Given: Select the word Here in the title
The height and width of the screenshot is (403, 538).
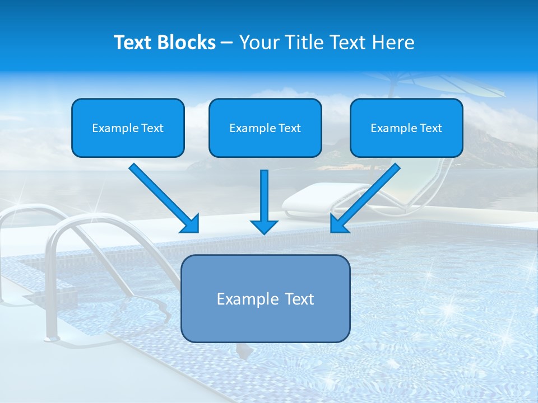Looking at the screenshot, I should (x=392, y=43).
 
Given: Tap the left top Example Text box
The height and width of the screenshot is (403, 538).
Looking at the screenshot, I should (x=128, y=128).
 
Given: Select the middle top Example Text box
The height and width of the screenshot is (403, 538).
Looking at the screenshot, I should (x=265, y=128).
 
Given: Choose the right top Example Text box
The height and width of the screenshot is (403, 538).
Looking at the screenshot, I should (x=406, y=128).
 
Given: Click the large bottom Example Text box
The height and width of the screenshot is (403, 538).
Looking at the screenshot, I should (x=265, y=298).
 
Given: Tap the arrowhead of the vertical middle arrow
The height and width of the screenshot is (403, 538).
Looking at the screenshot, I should (x=265, y=227).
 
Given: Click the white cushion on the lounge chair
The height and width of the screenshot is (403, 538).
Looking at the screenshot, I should (x=314, y=197).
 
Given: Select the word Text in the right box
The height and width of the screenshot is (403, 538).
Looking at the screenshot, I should (x=430, y=128).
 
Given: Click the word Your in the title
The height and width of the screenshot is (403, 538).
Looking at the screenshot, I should (x=258, y=43).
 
